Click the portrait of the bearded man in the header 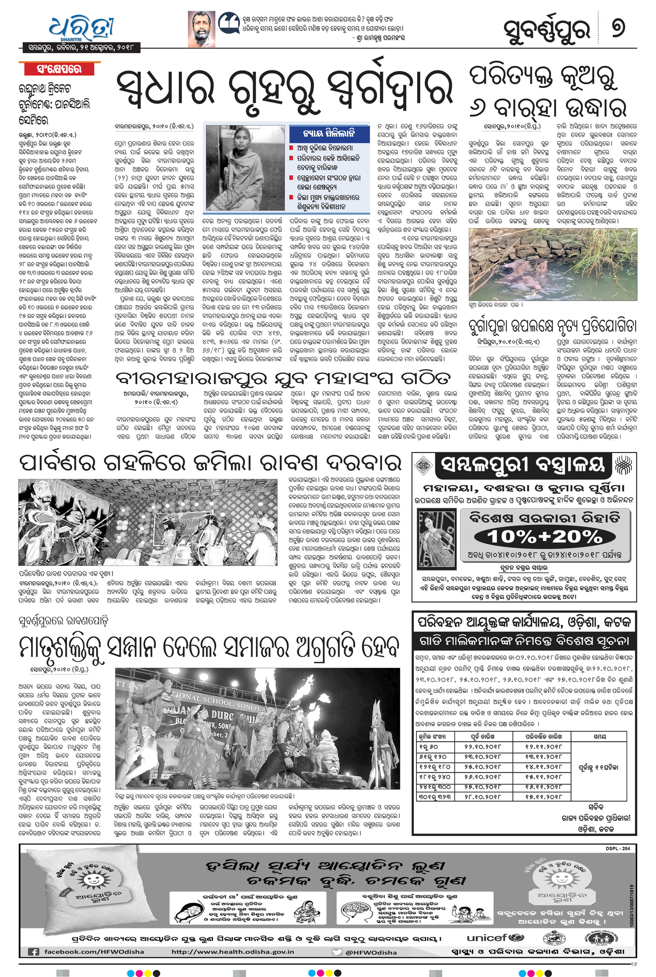click(x=202, y=29)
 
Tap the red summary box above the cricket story click(x=59, y=69)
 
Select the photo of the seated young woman click(x=245, y=167)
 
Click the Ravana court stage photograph click(x=148, y=522)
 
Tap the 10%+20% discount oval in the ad click(x=544, y=536)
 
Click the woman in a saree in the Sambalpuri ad click(x=436, y=538)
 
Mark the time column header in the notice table click(x=600, y=736)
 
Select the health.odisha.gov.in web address click(x=233, y=952)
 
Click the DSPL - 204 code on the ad click(x=618, y=848)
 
